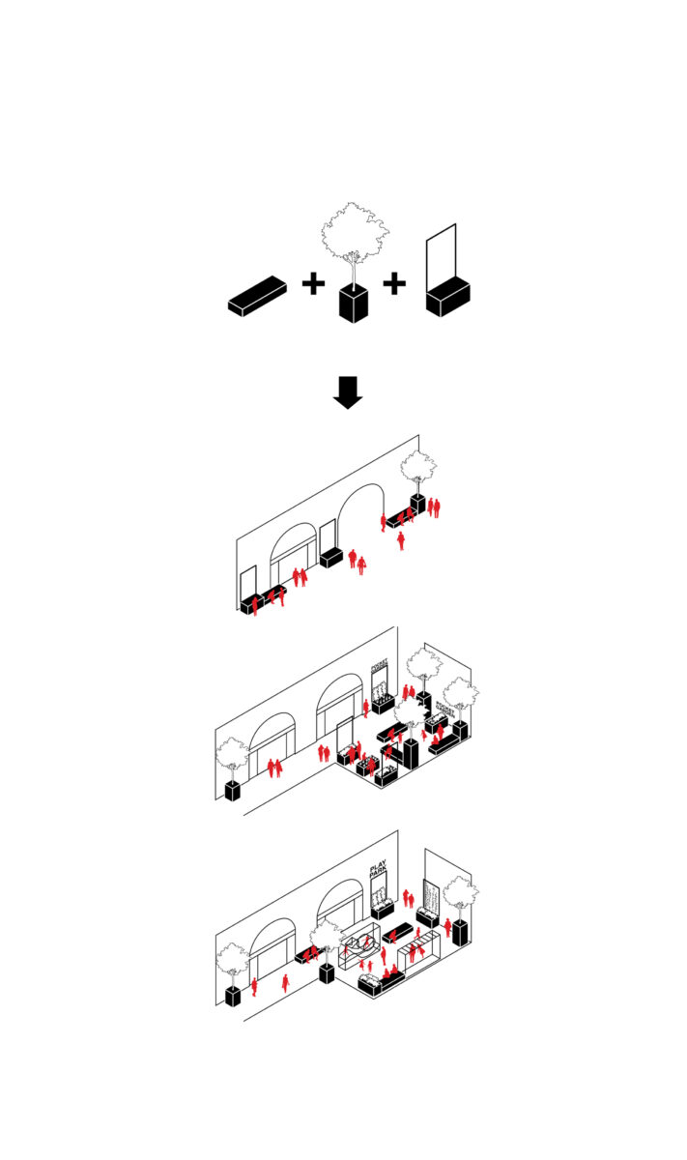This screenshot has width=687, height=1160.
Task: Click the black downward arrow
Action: pos(347,391)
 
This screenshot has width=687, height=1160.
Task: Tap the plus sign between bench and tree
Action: pos(312,284)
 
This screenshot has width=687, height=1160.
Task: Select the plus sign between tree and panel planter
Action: pos(394,284)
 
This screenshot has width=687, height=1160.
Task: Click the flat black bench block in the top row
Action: pos(257,295)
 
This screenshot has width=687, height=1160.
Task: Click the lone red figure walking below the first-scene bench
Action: pos(401,539)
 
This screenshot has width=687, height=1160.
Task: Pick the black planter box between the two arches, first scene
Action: pos(332,558)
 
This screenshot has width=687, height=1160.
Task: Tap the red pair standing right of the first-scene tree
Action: pos(435,506)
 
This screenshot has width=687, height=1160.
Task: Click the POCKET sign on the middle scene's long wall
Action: pos(379,666)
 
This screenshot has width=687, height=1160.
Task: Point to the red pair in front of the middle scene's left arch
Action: pos(274,768)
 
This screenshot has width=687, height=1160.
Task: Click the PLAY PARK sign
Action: pos(378,870)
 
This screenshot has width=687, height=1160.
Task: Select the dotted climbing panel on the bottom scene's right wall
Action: pos(432,898)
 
